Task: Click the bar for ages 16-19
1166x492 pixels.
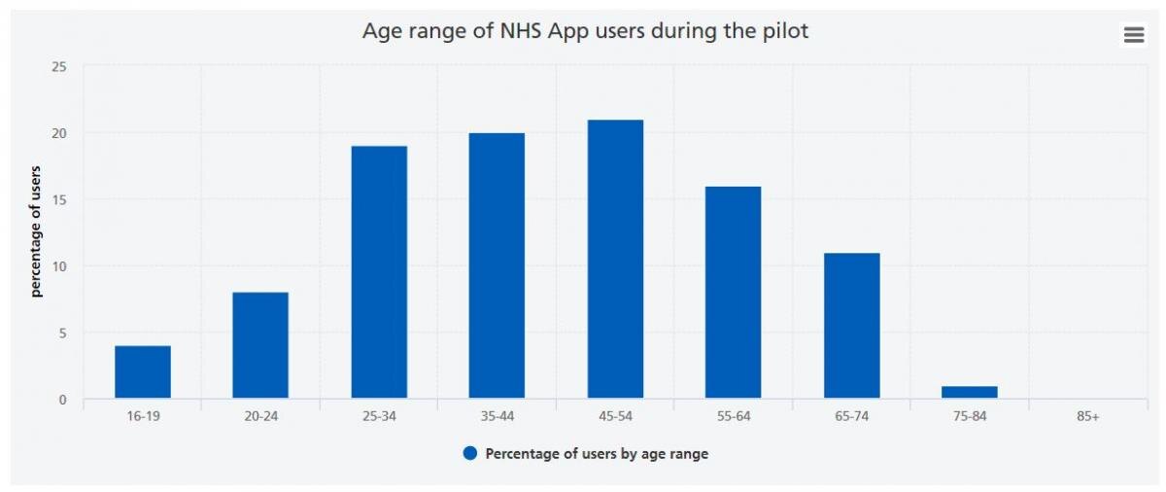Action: click(x=143, y=371)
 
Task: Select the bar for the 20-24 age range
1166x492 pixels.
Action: click(x=260, y=345)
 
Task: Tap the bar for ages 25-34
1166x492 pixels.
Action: click(x=379, y=272)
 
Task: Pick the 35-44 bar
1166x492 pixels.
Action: click(x=497, y=265)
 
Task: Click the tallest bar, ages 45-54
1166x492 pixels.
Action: click(x=615, y=259)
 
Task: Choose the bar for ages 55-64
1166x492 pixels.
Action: click(x=733, y=292)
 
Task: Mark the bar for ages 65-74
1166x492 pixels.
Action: click(x=851, y=326)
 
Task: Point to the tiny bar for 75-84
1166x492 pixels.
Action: click(x=970, y=392)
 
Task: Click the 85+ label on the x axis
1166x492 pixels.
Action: click(x=1087, y=416)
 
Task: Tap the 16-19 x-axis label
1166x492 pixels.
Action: click(x=143, y=416)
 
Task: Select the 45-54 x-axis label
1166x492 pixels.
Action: click(x=615, y=416)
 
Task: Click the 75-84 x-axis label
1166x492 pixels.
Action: click(x=970, y=416)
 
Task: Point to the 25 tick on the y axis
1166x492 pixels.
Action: click(x=59, y=67)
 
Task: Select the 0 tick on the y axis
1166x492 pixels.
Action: click(x=63, y=400)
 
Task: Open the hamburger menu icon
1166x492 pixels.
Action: click(x=1133, y=35)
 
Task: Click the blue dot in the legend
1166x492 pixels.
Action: click(x=470, y=453)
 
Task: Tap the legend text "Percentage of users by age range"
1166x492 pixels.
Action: click(x=597, y=453)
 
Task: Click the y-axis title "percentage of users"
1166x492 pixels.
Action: click(x=37, y=232)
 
